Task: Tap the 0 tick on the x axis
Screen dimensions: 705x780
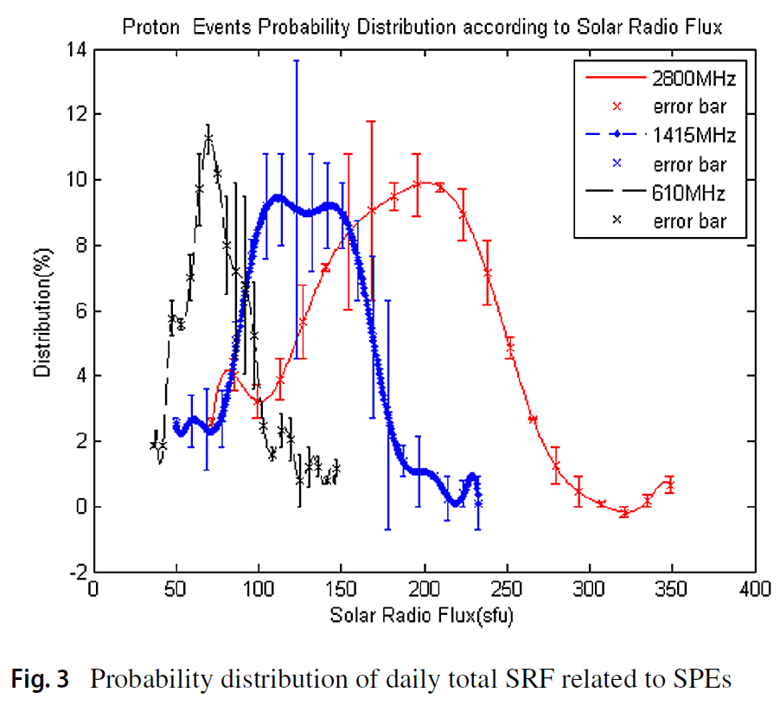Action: click(x=94, y=590)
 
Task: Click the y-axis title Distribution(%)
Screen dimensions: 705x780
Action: click(x=41, y=311)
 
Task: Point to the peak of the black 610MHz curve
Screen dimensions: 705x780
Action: click(x=208, y=136)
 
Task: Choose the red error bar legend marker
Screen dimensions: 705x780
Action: click(x=617, y=107)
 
